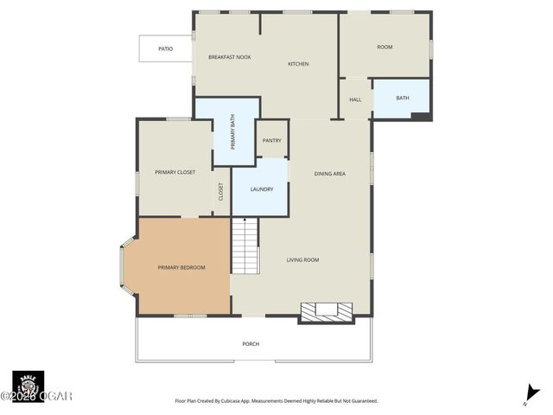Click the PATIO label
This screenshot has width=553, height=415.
165,49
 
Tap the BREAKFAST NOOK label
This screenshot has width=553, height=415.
229,57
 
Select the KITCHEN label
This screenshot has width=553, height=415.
298,64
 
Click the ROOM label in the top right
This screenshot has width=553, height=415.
385,48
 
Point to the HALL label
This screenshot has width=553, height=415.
355,99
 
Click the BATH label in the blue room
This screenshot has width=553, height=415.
403,98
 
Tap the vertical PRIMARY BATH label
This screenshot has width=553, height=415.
232,132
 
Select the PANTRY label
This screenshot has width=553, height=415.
272,140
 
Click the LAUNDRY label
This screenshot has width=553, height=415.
262,189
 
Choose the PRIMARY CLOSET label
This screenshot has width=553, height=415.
175,172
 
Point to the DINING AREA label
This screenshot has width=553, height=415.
329,174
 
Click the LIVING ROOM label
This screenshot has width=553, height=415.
303,259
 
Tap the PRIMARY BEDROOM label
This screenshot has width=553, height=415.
181,267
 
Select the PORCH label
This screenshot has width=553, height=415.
251,344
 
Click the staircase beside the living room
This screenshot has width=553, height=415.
245,246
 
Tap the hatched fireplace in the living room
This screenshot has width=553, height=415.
326,310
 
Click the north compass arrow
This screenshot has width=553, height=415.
531,394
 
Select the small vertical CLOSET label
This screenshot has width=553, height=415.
220,191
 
